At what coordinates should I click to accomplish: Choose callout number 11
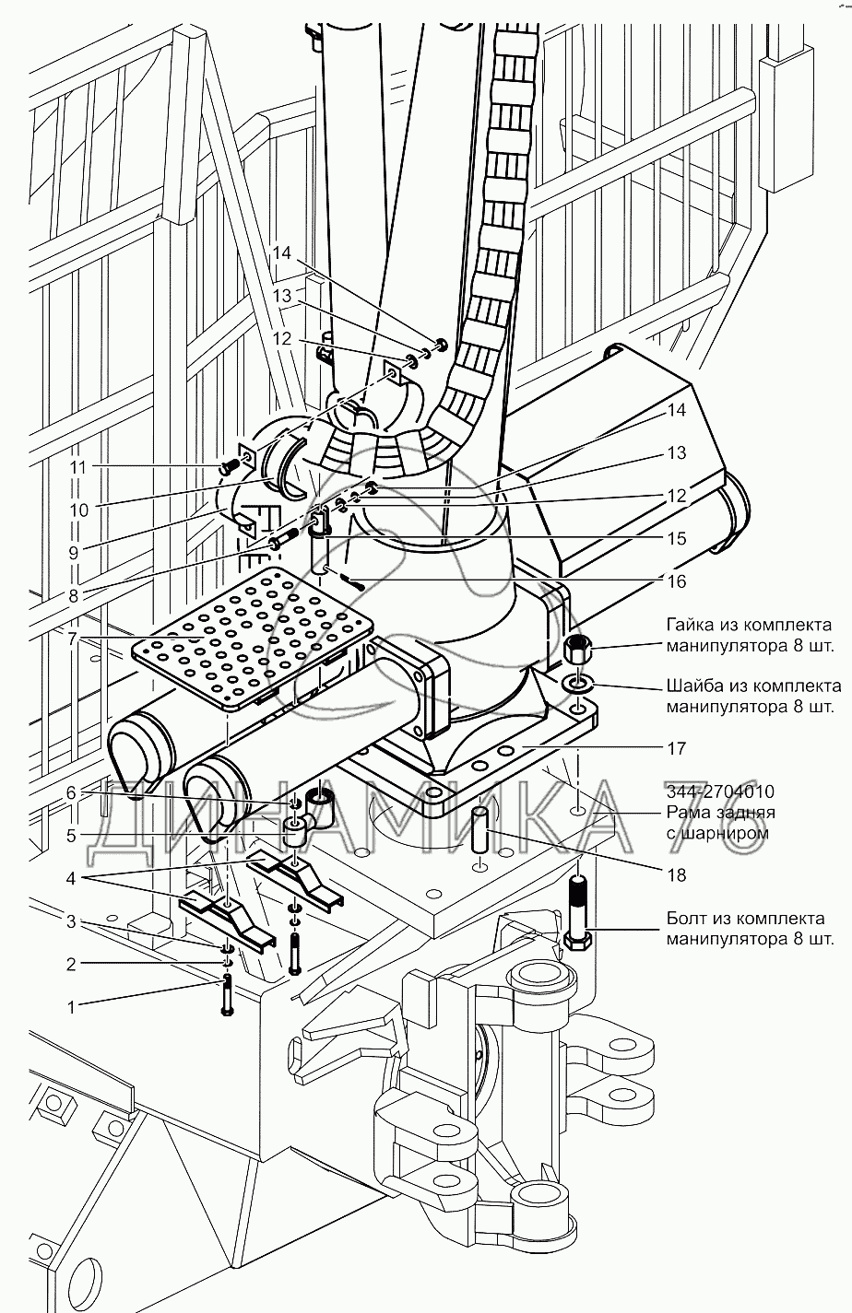click(x=77, y=467)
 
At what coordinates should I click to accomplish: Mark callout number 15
click(x=677, y=538)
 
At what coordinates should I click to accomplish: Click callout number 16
click(x=677, y=581)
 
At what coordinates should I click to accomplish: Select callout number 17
click(x=677, y=747)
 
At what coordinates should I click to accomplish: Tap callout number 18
click(x=677, y=874)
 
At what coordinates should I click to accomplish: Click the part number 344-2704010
click(x=719, y=791)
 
